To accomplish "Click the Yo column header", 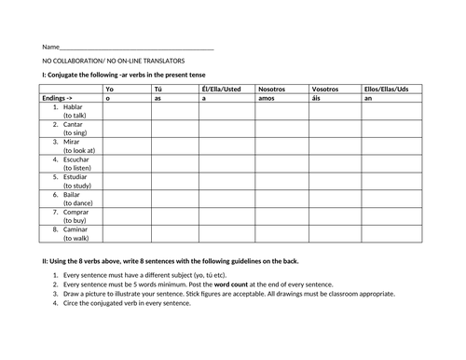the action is (110, 89).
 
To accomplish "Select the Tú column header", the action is (157, 89).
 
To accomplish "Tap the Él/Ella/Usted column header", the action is (221, 89).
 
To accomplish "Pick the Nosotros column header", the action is (271, 89).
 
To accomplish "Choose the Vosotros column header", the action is (325, 89).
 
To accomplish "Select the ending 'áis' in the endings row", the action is (318, 98).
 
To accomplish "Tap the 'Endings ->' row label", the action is (59, 98).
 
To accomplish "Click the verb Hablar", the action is (73, 106).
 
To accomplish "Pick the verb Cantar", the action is (73, 124).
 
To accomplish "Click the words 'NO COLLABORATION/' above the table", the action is (75, 60).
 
